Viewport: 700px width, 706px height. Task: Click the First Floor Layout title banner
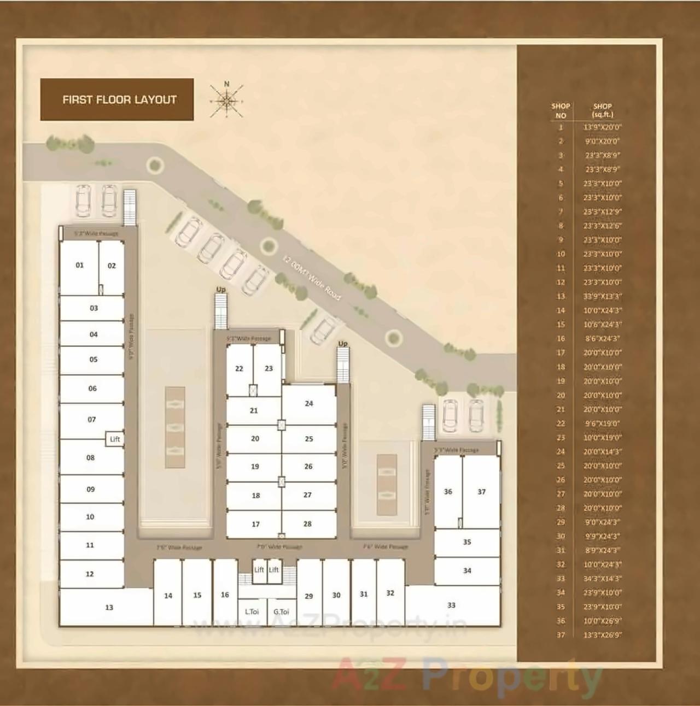click(x=117, y=99)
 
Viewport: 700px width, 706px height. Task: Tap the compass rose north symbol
click(x=226, y=99)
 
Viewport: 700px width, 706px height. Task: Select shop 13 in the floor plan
click(x=109, y=607)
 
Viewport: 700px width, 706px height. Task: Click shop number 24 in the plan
click(x=309, y=404)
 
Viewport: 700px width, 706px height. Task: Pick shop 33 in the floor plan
click(x=451, y=605)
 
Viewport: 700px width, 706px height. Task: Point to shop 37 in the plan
click(x=481, y=492)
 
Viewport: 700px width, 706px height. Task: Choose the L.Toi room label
click(x=252, y=611)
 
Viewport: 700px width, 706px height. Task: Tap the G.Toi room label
click(x=281, y=611)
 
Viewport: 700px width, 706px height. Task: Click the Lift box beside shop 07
click(x=115, y=439)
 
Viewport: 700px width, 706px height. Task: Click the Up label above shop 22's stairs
click(x=221, y=289)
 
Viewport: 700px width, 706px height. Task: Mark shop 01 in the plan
click(x=80, y=266)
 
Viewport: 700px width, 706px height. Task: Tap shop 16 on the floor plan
click(x=225, y=595)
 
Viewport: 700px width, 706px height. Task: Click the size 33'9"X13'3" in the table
click(x=602, y=296)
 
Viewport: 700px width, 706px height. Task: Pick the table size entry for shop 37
click(x=602, y=635)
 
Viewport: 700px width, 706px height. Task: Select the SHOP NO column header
click(x=561, y=110)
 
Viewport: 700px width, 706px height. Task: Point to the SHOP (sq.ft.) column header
click(x=602, y=110)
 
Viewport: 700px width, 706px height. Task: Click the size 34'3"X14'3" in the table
click(x=602, y=578)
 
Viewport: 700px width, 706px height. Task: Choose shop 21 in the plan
click(x=254, y=410)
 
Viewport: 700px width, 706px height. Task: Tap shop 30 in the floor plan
click(x=336, y=595)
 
